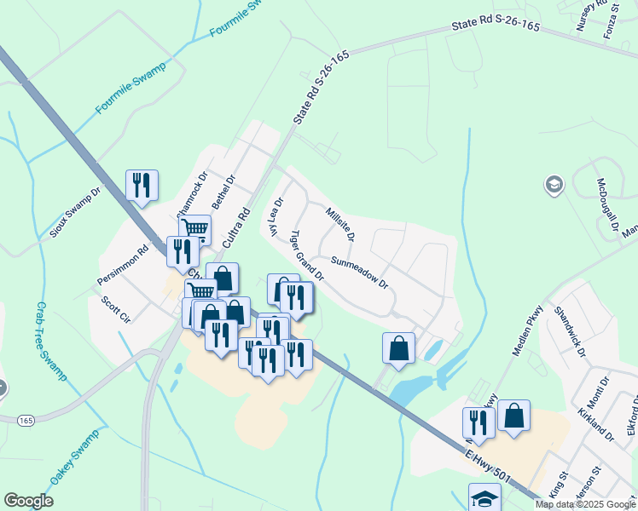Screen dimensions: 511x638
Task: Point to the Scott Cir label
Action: tap(115, 308)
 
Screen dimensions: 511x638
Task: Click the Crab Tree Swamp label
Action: tap(52, 341)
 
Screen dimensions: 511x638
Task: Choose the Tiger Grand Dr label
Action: tap(307, 255)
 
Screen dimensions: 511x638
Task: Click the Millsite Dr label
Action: tap(339, 222)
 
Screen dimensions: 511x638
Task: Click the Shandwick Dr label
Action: tap(569, 333)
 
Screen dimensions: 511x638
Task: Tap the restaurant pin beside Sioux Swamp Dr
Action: tap(142, 185)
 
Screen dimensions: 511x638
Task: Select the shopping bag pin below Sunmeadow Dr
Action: tap(398, 347)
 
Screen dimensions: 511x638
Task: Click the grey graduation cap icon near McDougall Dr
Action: tap(554, 185)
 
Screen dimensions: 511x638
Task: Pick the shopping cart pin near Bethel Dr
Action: tap(195, 228)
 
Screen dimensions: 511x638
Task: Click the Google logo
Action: tap(29, 501)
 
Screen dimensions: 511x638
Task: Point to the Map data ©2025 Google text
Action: tap(584, 504)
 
